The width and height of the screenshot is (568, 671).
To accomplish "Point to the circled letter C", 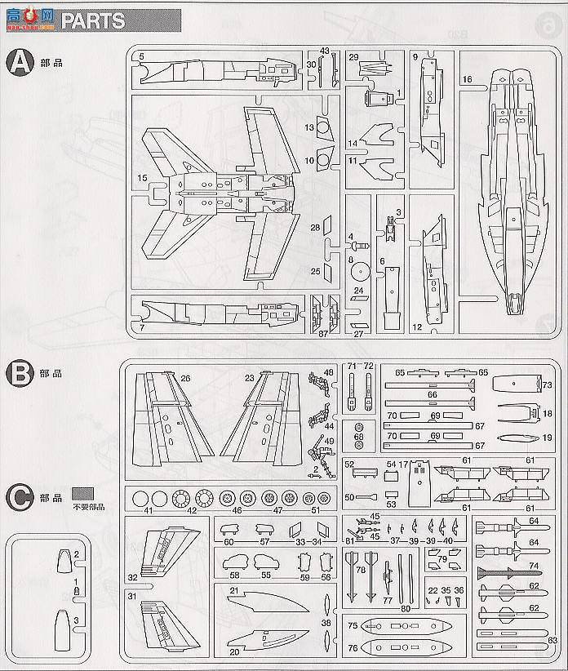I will (17, 495).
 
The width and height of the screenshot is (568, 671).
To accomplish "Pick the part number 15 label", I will (142, 177).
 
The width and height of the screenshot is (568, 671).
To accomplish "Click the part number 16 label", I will (467, 79).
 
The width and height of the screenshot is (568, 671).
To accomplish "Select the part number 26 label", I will (185, 378).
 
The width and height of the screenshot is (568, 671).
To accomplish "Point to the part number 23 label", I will (249, 378).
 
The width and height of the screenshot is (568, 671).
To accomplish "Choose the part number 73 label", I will (548, 384).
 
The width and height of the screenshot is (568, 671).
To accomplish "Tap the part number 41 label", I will (148, 512).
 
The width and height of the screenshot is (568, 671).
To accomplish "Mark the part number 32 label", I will (132, 575).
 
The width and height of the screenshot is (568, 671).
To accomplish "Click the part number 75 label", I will (352, 626).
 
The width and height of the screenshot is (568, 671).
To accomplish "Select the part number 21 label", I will (233, 591).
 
